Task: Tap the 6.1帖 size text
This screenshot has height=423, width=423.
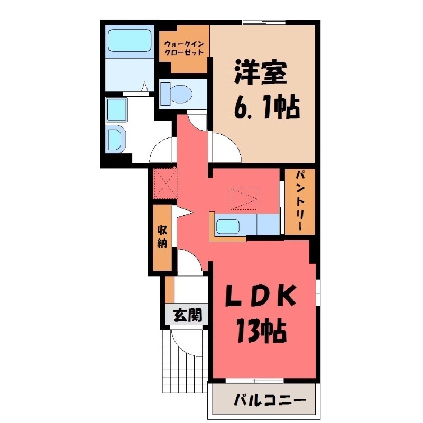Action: click(x=265, y=108)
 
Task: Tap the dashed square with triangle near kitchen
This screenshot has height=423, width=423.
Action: click(x=243, y=198)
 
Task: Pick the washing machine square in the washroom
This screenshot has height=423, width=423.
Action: click(x=116, y=110)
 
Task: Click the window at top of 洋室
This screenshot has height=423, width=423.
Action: click(x=264, y=22)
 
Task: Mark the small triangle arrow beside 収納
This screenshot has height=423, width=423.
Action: click(x=183, y=213)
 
